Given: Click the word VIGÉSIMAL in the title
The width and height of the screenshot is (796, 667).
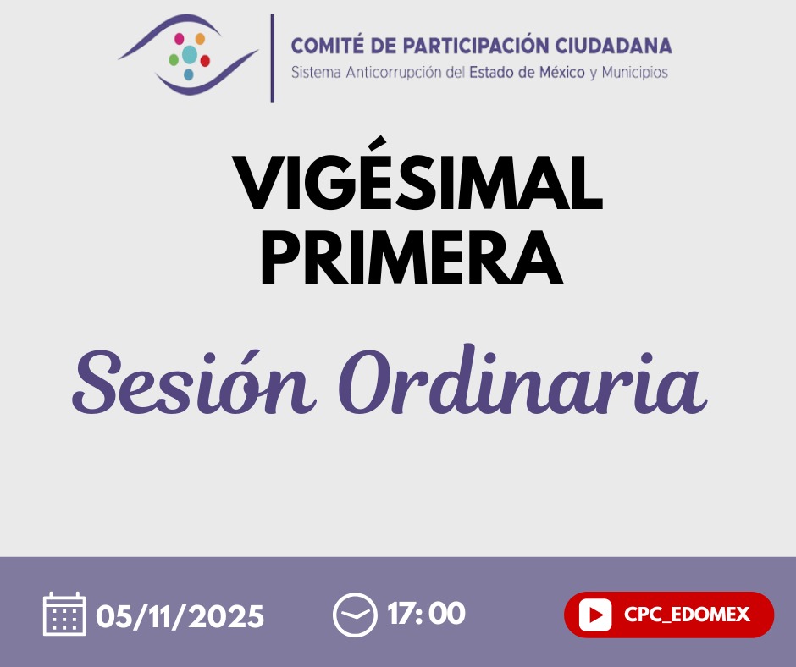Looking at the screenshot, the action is pyautogui.click(x=417, y=174).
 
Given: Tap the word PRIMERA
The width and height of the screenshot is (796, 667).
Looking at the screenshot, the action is pyautogui.click(x=412, y=257).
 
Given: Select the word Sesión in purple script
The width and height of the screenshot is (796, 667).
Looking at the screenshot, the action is pyautogui.click(x=192, y=381).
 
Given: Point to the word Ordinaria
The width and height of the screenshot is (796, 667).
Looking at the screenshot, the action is pyautogui.click(x=522, y=379).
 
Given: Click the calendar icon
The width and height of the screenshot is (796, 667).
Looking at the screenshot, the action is pyautogui.click(x=64, y=614).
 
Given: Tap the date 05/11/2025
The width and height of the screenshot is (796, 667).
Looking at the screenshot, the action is pyautogui.click(x=180, y=616).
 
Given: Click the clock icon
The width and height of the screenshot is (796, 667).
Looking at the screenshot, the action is pyautogui.click(x=355, y=615).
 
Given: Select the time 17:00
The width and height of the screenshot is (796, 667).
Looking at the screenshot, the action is pyautogui.click(x=427, y=613).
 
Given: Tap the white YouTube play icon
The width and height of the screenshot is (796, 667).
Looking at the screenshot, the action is pyautogui.click(x=595, y=615).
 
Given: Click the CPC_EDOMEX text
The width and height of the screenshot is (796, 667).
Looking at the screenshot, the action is pyautogui.click(x=687, y=615).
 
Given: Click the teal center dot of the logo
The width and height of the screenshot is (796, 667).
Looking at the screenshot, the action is pyautogui.click(x=190, y=54).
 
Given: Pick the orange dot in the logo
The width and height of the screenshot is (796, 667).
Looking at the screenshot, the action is pyautogui.click(x=200, y=39).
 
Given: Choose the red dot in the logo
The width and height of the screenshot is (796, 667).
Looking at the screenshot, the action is pyautogui.click(x=205, y=61).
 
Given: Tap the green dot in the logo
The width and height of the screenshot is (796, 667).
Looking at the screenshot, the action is pyautogui.click(x=174, y=60).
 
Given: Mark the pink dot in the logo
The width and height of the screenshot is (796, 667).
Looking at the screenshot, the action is pyautogui.click(x=180, y=38).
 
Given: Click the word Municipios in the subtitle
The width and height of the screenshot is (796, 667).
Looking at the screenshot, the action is pyautogui.click(x=634, y=73).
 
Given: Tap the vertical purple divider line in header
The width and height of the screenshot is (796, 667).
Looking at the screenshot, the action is pyautogui.click(x=273, y=58).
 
